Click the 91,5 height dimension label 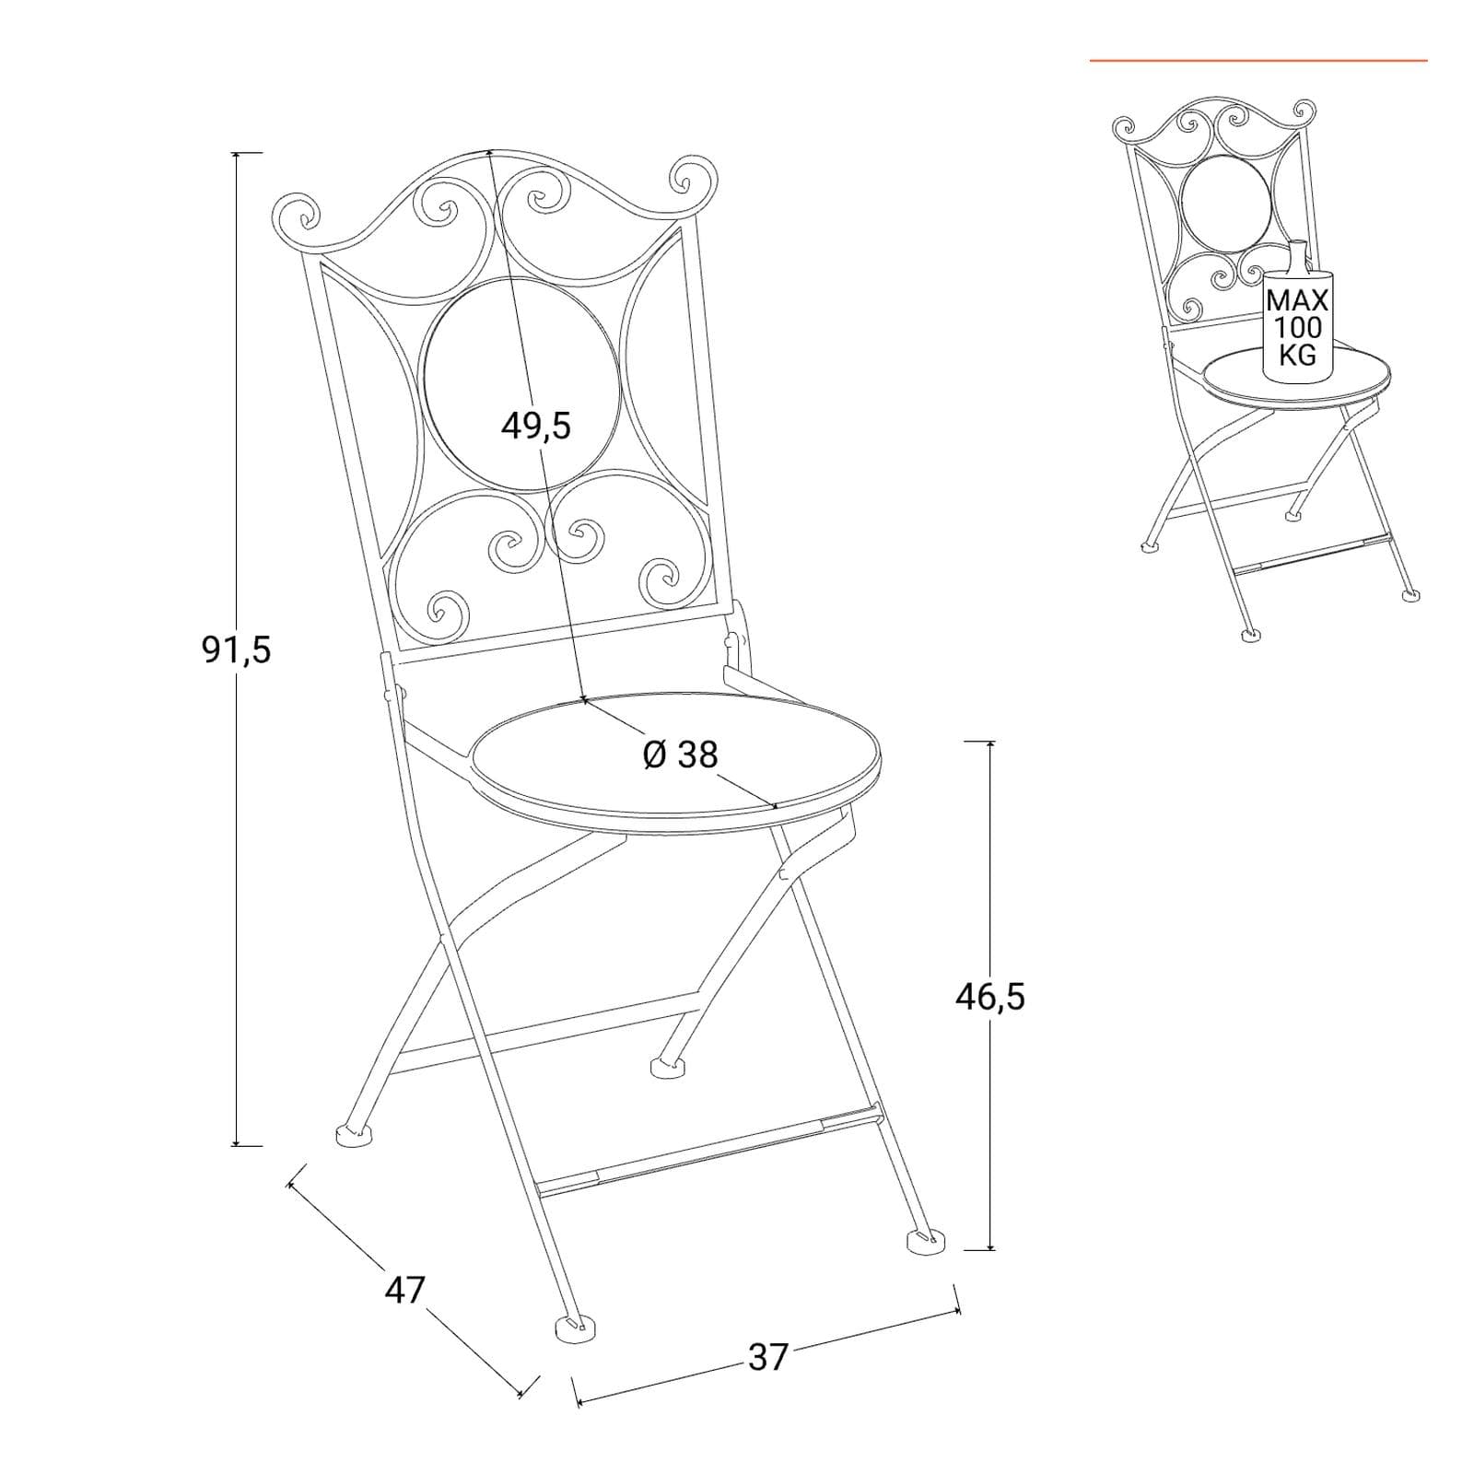point(236,650)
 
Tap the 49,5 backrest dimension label point(536,425)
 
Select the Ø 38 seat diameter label point(680,755)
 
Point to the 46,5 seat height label point(990,996)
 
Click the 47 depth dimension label point(405,1289)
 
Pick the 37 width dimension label point(768,1357)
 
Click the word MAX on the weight point(1298,300)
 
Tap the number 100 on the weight point(1298,327)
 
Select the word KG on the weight point(1298,355)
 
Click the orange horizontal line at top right point(1258,61)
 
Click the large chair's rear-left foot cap point(354,1134)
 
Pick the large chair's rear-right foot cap point(670,1068)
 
